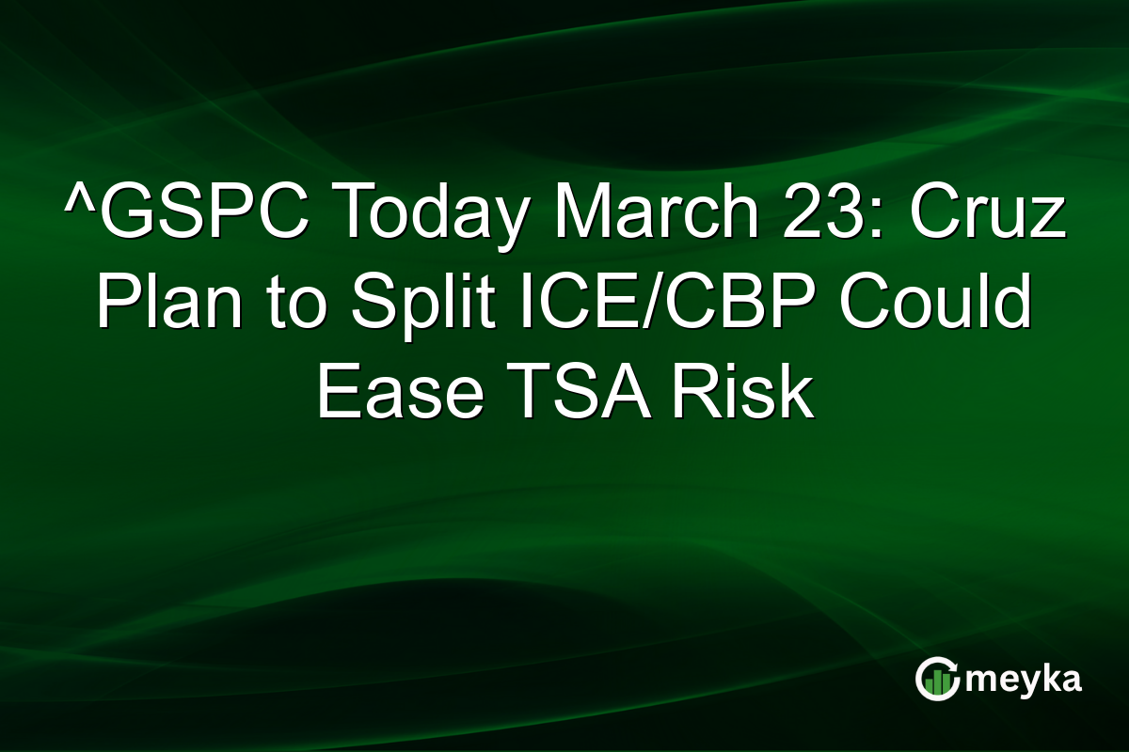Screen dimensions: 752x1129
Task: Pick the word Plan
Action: [x=163, y=305]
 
